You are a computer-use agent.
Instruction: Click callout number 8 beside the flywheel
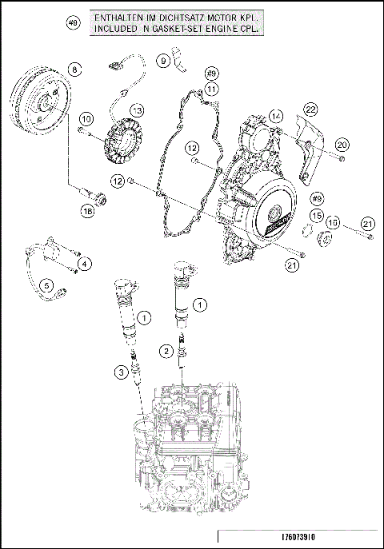click(x=74, y=70)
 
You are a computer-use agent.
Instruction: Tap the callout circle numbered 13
click(x=138, y=109)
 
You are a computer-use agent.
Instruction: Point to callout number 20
click(x=342, y=145)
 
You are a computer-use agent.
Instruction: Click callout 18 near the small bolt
click(x=87, y=210)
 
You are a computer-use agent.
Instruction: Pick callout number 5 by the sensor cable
click(x=46, y=284)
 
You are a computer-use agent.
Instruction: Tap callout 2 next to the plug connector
click(x=166, y=350)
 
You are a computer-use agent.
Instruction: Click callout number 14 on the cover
click(x=276, y=116)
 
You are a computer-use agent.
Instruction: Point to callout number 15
click(x=317, y=217)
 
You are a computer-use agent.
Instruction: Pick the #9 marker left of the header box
click(x=73, y=25)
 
